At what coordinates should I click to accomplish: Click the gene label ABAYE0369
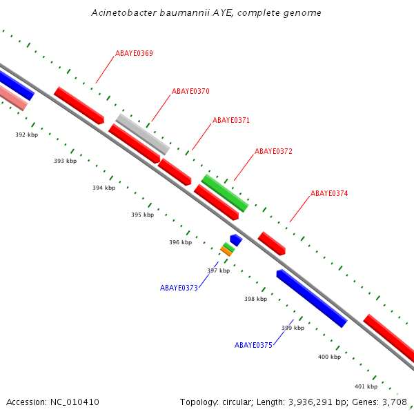134,53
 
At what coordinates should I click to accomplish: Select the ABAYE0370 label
190,91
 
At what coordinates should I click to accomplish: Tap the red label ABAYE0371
231,120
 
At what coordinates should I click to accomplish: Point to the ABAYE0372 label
273,151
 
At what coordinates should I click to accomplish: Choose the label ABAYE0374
329,194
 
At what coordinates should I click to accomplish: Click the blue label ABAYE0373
179,288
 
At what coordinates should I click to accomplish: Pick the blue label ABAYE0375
253,345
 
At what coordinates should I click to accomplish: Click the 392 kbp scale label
26,135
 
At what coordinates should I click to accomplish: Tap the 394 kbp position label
103,188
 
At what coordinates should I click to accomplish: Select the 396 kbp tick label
180,242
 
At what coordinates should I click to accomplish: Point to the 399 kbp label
293,328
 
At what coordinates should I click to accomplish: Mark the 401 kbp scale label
366,386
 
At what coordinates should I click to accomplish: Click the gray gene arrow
143,134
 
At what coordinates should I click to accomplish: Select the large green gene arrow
224,193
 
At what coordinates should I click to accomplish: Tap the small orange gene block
226,251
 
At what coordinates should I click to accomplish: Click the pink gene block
12,97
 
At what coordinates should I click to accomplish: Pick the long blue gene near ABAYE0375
311,298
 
